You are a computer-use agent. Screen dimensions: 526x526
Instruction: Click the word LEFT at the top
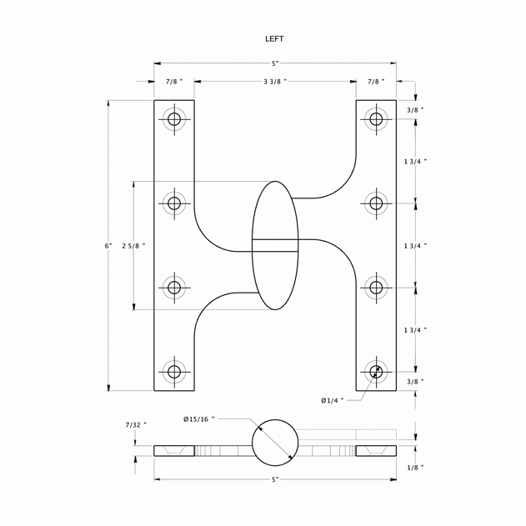pyautogui.click(x=274, y=39)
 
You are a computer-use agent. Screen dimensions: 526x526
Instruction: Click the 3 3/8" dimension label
pyautogui.click(x=275, y=82)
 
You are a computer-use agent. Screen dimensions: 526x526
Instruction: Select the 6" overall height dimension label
pyautogui.click(x=108, y=246)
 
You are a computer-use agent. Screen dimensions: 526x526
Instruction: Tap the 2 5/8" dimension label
pyautogui.click(x=133, y=246)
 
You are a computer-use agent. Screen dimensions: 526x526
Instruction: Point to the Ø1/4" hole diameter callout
pyautogui.click(x=333, y=401)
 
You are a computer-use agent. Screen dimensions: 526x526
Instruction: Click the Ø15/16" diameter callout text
pyautogui.click(x=199, y=418)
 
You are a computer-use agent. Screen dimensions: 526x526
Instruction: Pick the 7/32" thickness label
pyautogui.click(x=136, y=425)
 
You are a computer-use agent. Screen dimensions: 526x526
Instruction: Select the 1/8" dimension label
pyautogui.click(x=414, y=468)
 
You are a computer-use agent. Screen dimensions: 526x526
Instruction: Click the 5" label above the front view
pyautogui.click(x=275, y=63)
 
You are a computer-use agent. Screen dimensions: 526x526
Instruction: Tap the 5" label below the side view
pyautogui.click(x=275, y=479)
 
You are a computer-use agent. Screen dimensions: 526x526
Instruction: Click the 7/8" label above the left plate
pyautogui.click(x=174, y=82)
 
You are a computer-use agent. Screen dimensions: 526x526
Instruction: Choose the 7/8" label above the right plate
pyautogui.click(x=376, y=82)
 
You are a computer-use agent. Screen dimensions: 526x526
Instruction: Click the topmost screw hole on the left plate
pyautogui.click(x=174, y=119)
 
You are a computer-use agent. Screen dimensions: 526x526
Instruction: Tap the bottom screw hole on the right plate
pyautogui.click(x=376, y=372)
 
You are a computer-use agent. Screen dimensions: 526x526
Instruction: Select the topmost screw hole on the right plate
pyautogui.click(x=376, y=119)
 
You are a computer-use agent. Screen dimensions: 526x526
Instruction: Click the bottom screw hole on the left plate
pyautogui.click(x=174, y=372)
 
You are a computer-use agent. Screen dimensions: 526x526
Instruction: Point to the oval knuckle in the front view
pyautogui.click(x=275, y=245)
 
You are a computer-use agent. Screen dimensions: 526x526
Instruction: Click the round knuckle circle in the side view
pyautogui.click(x=275, y=443)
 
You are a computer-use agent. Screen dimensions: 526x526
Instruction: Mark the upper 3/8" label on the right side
pyautogui.click(x=415, y=110)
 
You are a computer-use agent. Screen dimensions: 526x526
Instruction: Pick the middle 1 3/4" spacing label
pyautogui.click(x=415, y=246)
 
